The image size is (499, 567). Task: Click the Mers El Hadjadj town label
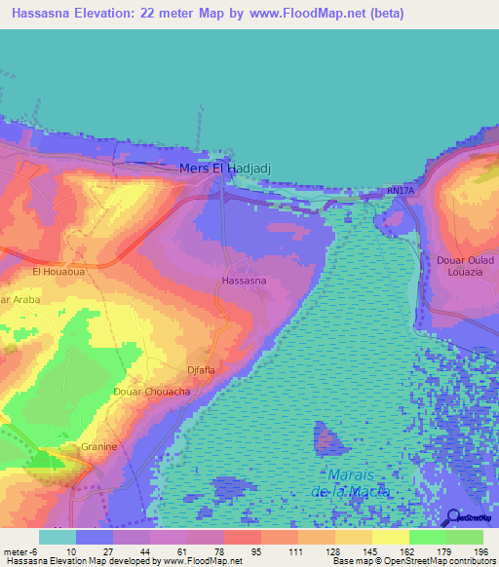click(224, 169)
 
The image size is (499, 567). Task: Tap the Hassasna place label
click(244, 281)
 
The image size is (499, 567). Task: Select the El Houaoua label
click(58, 272)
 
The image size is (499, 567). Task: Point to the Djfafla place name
click(206, 370)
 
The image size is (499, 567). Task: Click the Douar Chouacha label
click(151, 391)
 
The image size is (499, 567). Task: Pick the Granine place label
click(99, 446)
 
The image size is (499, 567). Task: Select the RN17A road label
click(400, 192)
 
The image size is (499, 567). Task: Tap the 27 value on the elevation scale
click(104, 550)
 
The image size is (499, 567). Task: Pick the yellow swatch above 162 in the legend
click(390, 537)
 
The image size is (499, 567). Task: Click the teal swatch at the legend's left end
click(57, 537)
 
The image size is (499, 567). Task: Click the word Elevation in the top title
click(105, 13)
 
